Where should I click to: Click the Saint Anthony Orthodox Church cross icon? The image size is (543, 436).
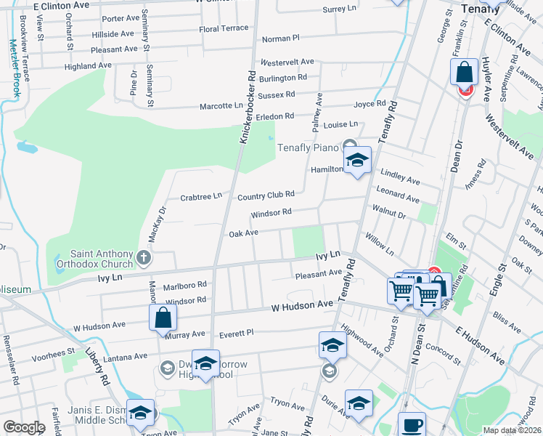pyautogui.click(x=144, y=257)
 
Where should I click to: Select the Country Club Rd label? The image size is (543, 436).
pyautogui.click(x=266, y=195)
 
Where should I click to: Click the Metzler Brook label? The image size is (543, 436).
pyautogui.click(x=14, y=69)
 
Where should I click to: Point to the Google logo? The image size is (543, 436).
pyautogui.click(x=24, y=427)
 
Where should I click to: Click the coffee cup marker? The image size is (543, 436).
pyautogui.click(x=412, y=425)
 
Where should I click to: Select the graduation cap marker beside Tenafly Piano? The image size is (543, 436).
pyautogui.click(x=357, y=162)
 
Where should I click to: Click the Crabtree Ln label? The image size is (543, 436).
pyautogui.click(x=200, y=197)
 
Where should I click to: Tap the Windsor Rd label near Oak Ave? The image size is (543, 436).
pyautogui.click(x=271, y=214)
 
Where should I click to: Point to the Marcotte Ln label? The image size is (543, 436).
pyautogui.click(x=221, y=106)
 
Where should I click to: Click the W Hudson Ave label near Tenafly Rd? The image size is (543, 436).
pyautogui.click(x=302, y=307)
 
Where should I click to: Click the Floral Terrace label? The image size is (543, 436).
pyautogui.click(x=224, y=29)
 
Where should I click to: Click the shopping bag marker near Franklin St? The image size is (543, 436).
pyautogui.click(x=464, y=73)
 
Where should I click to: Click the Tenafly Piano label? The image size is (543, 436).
pyautogui.click(x=309, y=148)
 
